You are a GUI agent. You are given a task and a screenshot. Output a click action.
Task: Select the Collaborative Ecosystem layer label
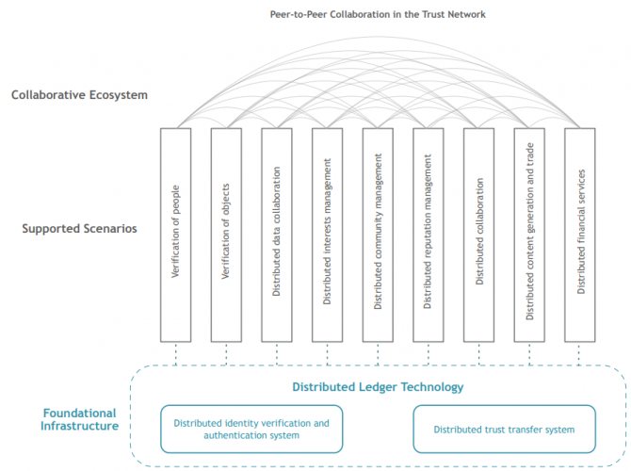click(x=79, y=95)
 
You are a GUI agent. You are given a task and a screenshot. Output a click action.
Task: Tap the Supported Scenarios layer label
click(x=79, y=230)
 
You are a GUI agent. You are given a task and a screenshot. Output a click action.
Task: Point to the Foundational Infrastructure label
click(x=79, y=419)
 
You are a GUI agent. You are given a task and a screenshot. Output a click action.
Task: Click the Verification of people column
click(x=176, y=234)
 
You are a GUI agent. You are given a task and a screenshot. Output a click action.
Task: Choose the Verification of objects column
click(x=226, y=234)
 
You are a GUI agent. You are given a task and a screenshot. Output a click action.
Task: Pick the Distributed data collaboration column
click(x=277, y=234)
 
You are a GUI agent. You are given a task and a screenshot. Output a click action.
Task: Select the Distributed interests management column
click(x=327, y=234)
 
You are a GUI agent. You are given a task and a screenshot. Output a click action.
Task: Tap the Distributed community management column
click(x=378, y=234)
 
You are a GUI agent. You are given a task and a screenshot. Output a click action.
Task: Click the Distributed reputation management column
click(x=429, y=234)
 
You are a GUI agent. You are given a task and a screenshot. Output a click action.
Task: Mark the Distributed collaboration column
click(x=479, y=234)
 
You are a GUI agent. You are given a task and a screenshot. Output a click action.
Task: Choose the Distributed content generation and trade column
click(x=530, y=234)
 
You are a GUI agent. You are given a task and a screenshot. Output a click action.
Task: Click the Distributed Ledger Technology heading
click(x=378, y=386)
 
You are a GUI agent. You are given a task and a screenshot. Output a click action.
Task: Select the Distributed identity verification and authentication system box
click(x=251, y=429)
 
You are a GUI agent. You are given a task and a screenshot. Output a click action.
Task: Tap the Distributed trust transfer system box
click(x=504, y=429)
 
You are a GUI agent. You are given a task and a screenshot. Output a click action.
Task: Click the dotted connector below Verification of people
click(x=176, y=353)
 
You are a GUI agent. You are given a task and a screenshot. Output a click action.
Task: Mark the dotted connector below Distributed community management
click(x=378, y=353)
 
